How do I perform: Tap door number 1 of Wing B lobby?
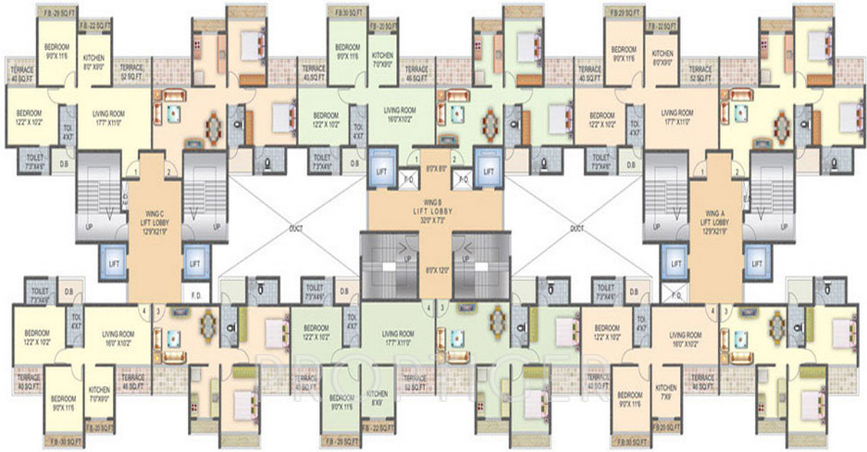(417, 160)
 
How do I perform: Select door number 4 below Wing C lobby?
(145, 311)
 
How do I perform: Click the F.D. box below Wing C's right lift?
(195, 295)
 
